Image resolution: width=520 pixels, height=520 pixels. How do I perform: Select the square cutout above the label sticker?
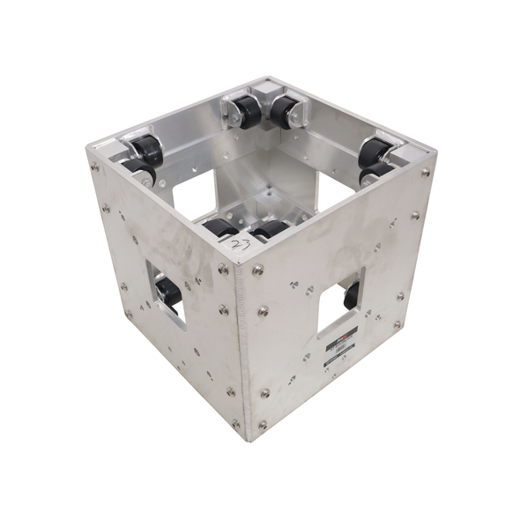(338, 304)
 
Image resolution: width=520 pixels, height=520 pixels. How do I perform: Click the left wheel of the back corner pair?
(246, 111)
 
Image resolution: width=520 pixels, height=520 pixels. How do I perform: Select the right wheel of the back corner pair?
(285, 111)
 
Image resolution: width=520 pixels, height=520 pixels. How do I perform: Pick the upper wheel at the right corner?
(375, 151)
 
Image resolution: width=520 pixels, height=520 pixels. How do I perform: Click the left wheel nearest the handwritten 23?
(219, 228)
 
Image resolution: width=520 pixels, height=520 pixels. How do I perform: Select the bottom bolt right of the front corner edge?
(262, 426)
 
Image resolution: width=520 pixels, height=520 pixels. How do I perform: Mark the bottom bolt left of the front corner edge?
(235, 424)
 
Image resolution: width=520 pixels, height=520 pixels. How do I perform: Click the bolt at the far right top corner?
(427, 173)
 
